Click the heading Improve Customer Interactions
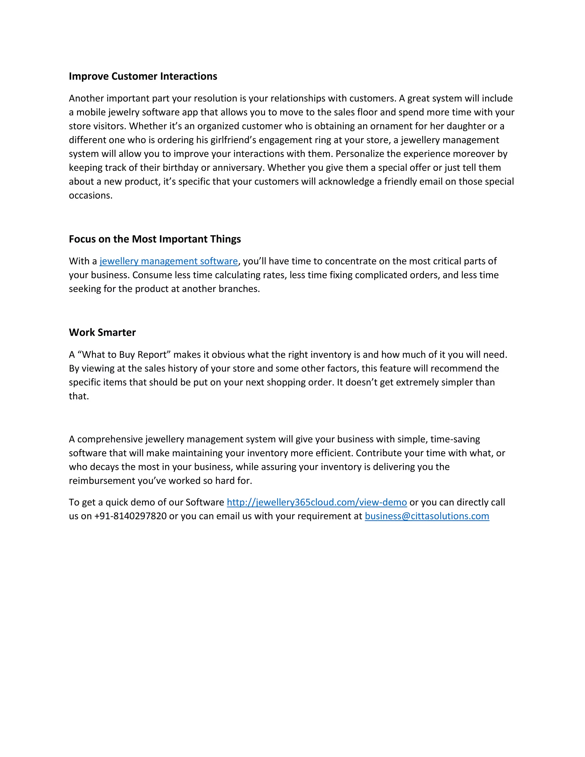143,76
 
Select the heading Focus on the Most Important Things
155,239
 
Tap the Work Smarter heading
102,333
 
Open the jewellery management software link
169,261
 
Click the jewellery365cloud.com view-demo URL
316,502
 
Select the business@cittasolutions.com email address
427,516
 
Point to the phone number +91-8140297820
130,516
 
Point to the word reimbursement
100,481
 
